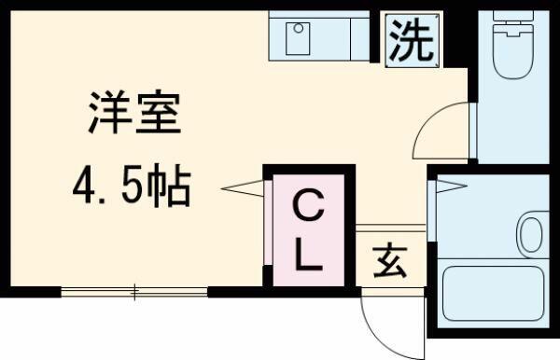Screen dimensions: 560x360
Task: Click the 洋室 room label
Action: point(134,113)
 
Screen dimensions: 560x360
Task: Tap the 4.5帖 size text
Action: point(132,186)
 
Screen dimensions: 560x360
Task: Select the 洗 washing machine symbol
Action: point(413,40)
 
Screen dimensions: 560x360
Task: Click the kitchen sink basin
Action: point(298,38)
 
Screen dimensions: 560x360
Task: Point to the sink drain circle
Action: point(299,28)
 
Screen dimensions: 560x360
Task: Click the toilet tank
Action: point(513,15)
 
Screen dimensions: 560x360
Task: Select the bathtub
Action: point(494,293)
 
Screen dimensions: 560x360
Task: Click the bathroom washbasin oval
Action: point(531,235)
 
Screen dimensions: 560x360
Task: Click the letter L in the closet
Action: point(308,256)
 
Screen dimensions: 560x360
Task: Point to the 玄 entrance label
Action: point(390,260)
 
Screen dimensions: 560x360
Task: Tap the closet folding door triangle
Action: point(243,188)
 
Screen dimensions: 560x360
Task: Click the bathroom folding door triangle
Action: point(452,187)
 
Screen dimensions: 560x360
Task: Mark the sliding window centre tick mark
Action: point(135,292)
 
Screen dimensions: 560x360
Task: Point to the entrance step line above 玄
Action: point(391,228)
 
